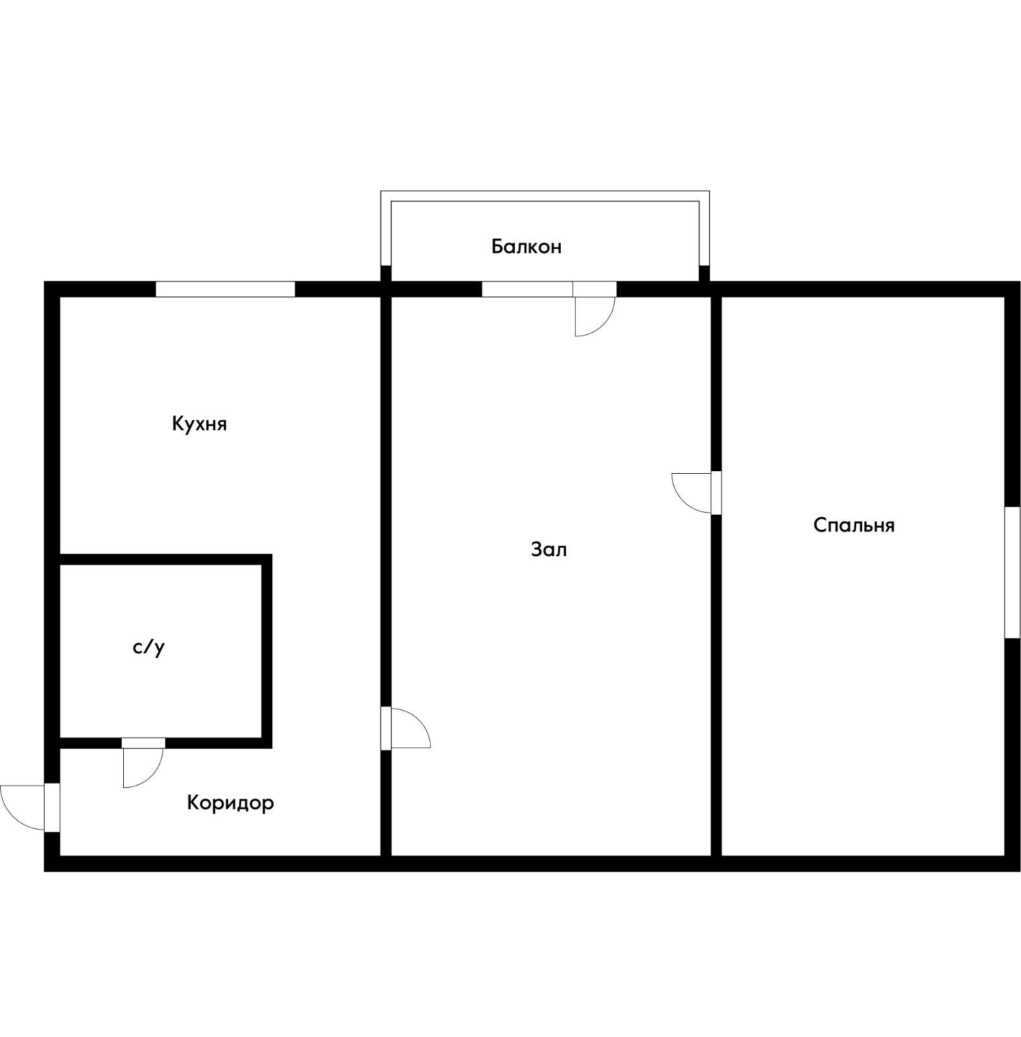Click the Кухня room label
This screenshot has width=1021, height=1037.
tap(199, 424)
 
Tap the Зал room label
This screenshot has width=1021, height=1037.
tap(548, 550)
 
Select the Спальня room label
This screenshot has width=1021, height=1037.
tap(854, 525)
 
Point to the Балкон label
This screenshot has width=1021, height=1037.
tap(526, 246)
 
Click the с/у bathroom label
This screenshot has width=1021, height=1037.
tap(148, 647)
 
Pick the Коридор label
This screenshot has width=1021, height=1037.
tap(230, 803)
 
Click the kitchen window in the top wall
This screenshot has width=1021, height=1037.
tap(226, 289)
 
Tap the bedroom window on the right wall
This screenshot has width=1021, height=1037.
tap(1013, 572)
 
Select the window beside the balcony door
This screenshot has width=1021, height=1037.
tap(527, 289)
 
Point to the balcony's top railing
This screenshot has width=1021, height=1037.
tap(545, 196)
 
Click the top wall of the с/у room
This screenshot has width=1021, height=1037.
tap(166, 559)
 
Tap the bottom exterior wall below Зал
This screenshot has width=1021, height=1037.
tap(551, 864)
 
